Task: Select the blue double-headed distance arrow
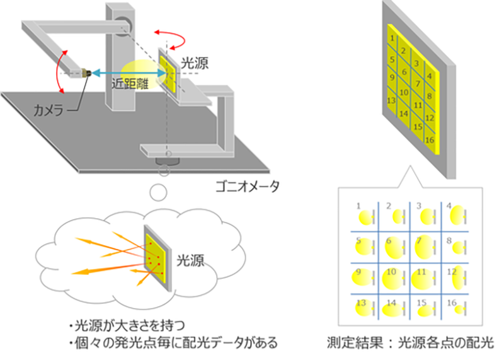pyautogui.click(x=129, y=73)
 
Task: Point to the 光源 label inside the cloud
pyautogui.click(x=189, y=260)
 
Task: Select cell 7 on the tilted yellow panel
pyautogui.click(x=417, y=83)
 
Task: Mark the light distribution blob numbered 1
pyautogui.click(x=365, y=218)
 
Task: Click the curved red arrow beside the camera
pyautogui.click(x=60, y=69)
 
